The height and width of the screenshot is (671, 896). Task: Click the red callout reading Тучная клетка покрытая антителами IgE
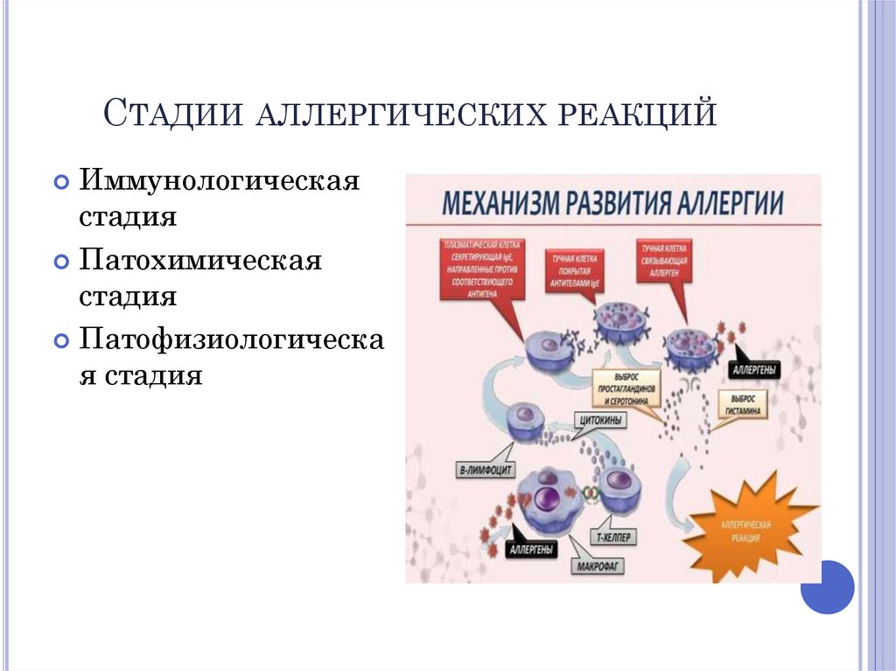tap(575, 272)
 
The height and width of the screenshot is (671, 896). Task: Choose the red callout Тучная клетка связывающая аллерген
tap(662, 261)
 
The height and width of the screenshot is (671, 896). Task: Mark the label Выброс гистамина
tap(745, 402)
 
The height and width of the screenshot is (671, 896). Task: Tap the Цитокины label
tap(601, 420)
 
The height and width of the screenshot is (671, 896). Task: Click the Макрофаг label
tap(598, 567)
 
